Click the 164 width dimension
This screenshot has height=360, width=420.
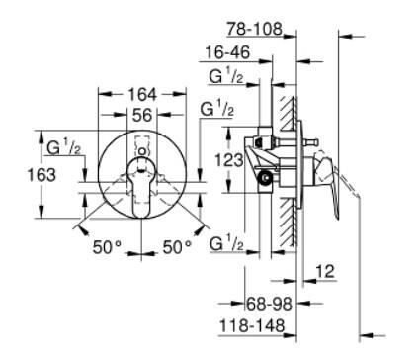tap(141, 95)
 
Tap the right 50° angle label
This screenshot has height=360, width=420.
tap(178, 245)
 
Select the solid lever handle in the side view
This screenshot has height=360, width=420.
tap(339, 183)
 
